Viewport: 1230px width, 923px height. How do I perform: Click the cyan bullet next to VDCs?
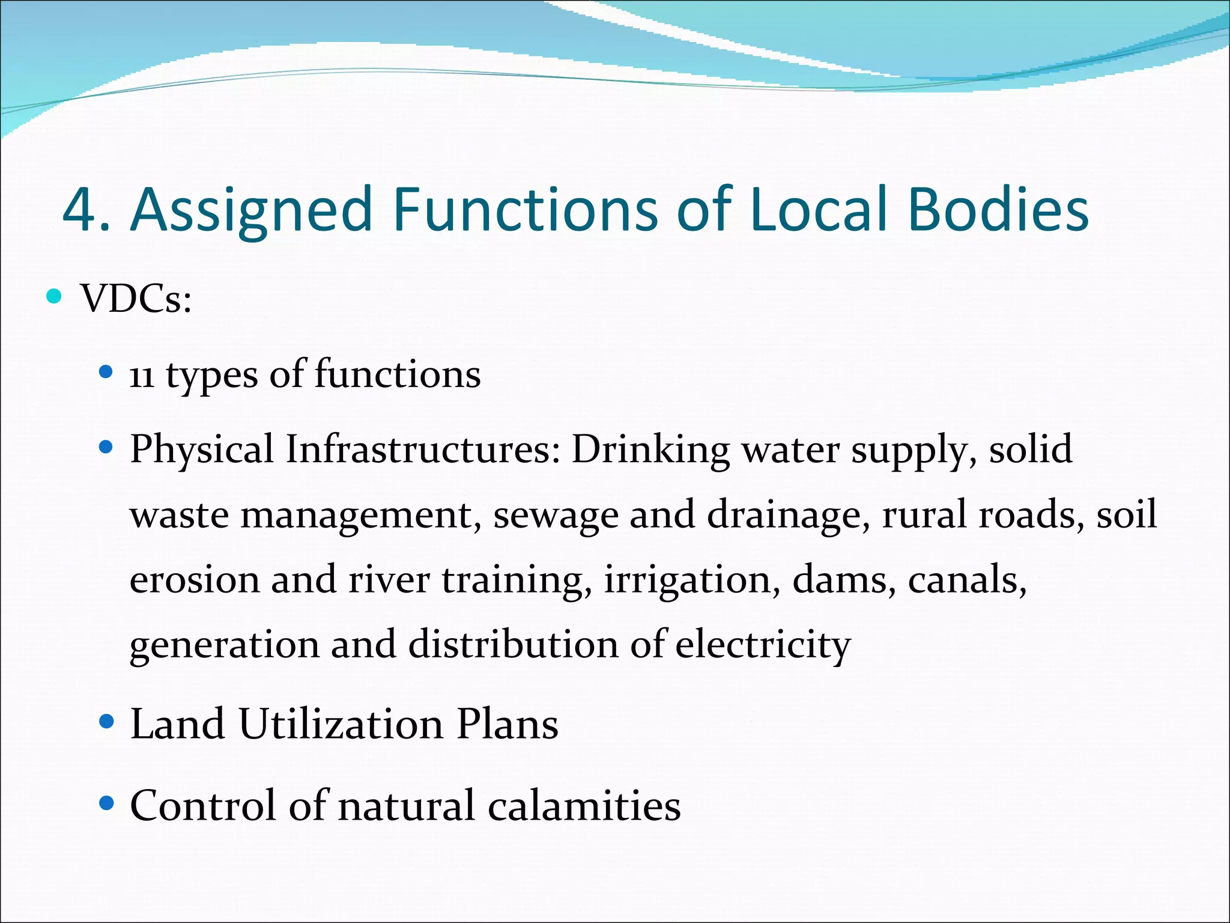[54, 296]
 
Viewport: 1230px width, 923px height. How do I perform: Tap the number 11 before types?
[142, 376]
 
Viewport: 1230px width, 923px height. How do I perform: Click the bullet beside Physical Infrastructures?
[106, 447]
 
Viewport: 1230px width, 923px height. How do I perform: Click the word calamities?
[584, 805]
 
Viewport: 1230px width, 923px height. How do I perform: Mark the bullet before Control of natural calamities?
[106, 803]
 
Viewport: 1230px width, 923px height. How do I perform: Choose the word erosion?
[195, 580]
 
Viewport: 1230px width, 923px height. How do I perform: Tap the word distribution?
[514, 645]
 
